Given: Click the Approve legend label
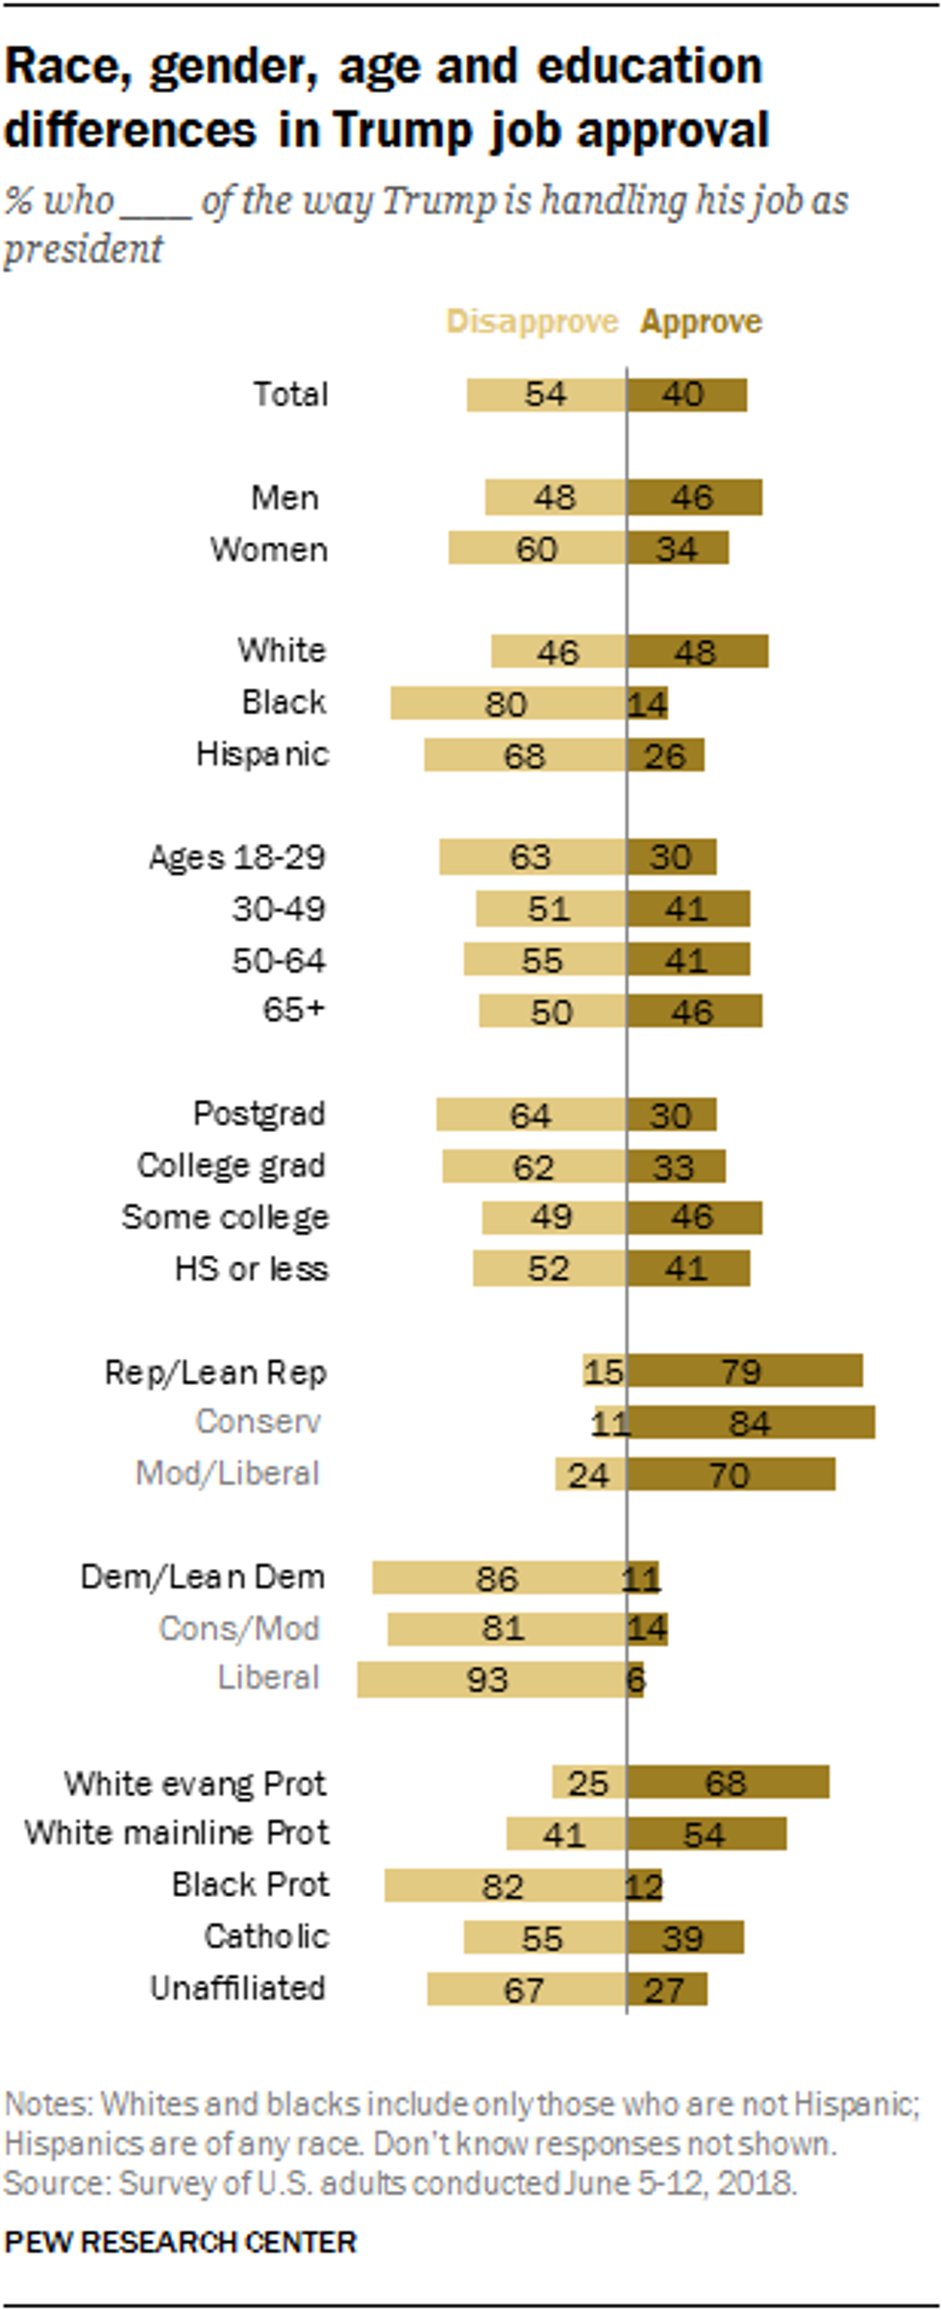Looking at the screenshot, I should point(701,322).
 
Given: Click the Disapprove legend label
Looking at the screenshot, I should point(532,322).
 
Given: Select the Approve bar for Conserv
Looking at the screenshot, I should point(751,1422).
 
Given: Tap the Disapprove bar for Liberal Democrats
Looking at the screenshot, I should point(491,1680).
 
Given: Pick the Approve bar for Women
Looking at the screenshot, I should point(678,549).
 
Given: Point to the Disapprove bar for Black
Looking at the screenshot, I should point(508,703).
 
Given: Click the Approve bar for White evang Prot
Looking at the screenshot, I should point(728,1782).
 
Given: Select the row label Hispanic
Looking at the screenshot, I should point(261,754).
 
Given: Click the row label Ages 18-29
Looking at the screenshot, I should point(237,857).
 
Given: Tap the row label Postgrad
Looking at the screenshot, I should point(260,1114).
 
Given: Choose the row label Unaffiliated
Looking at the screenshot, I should point(237,1987).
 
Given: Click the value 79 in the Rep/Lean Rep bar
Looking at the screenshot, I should point(741,1371).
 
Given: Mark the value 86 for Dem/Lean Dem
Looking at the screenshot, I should point(497,1578).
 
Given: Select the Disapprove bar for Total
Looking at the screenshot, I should point(546,395).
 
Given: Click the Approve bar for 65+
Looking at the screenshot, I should point(694,1011).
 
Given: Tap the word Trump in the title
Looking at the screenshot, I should point(404,131).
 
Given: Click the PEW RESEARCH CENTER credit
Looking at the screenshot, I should point(181,2243).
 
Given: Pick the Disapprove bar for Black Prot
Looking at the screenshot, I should point(506,1885).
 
